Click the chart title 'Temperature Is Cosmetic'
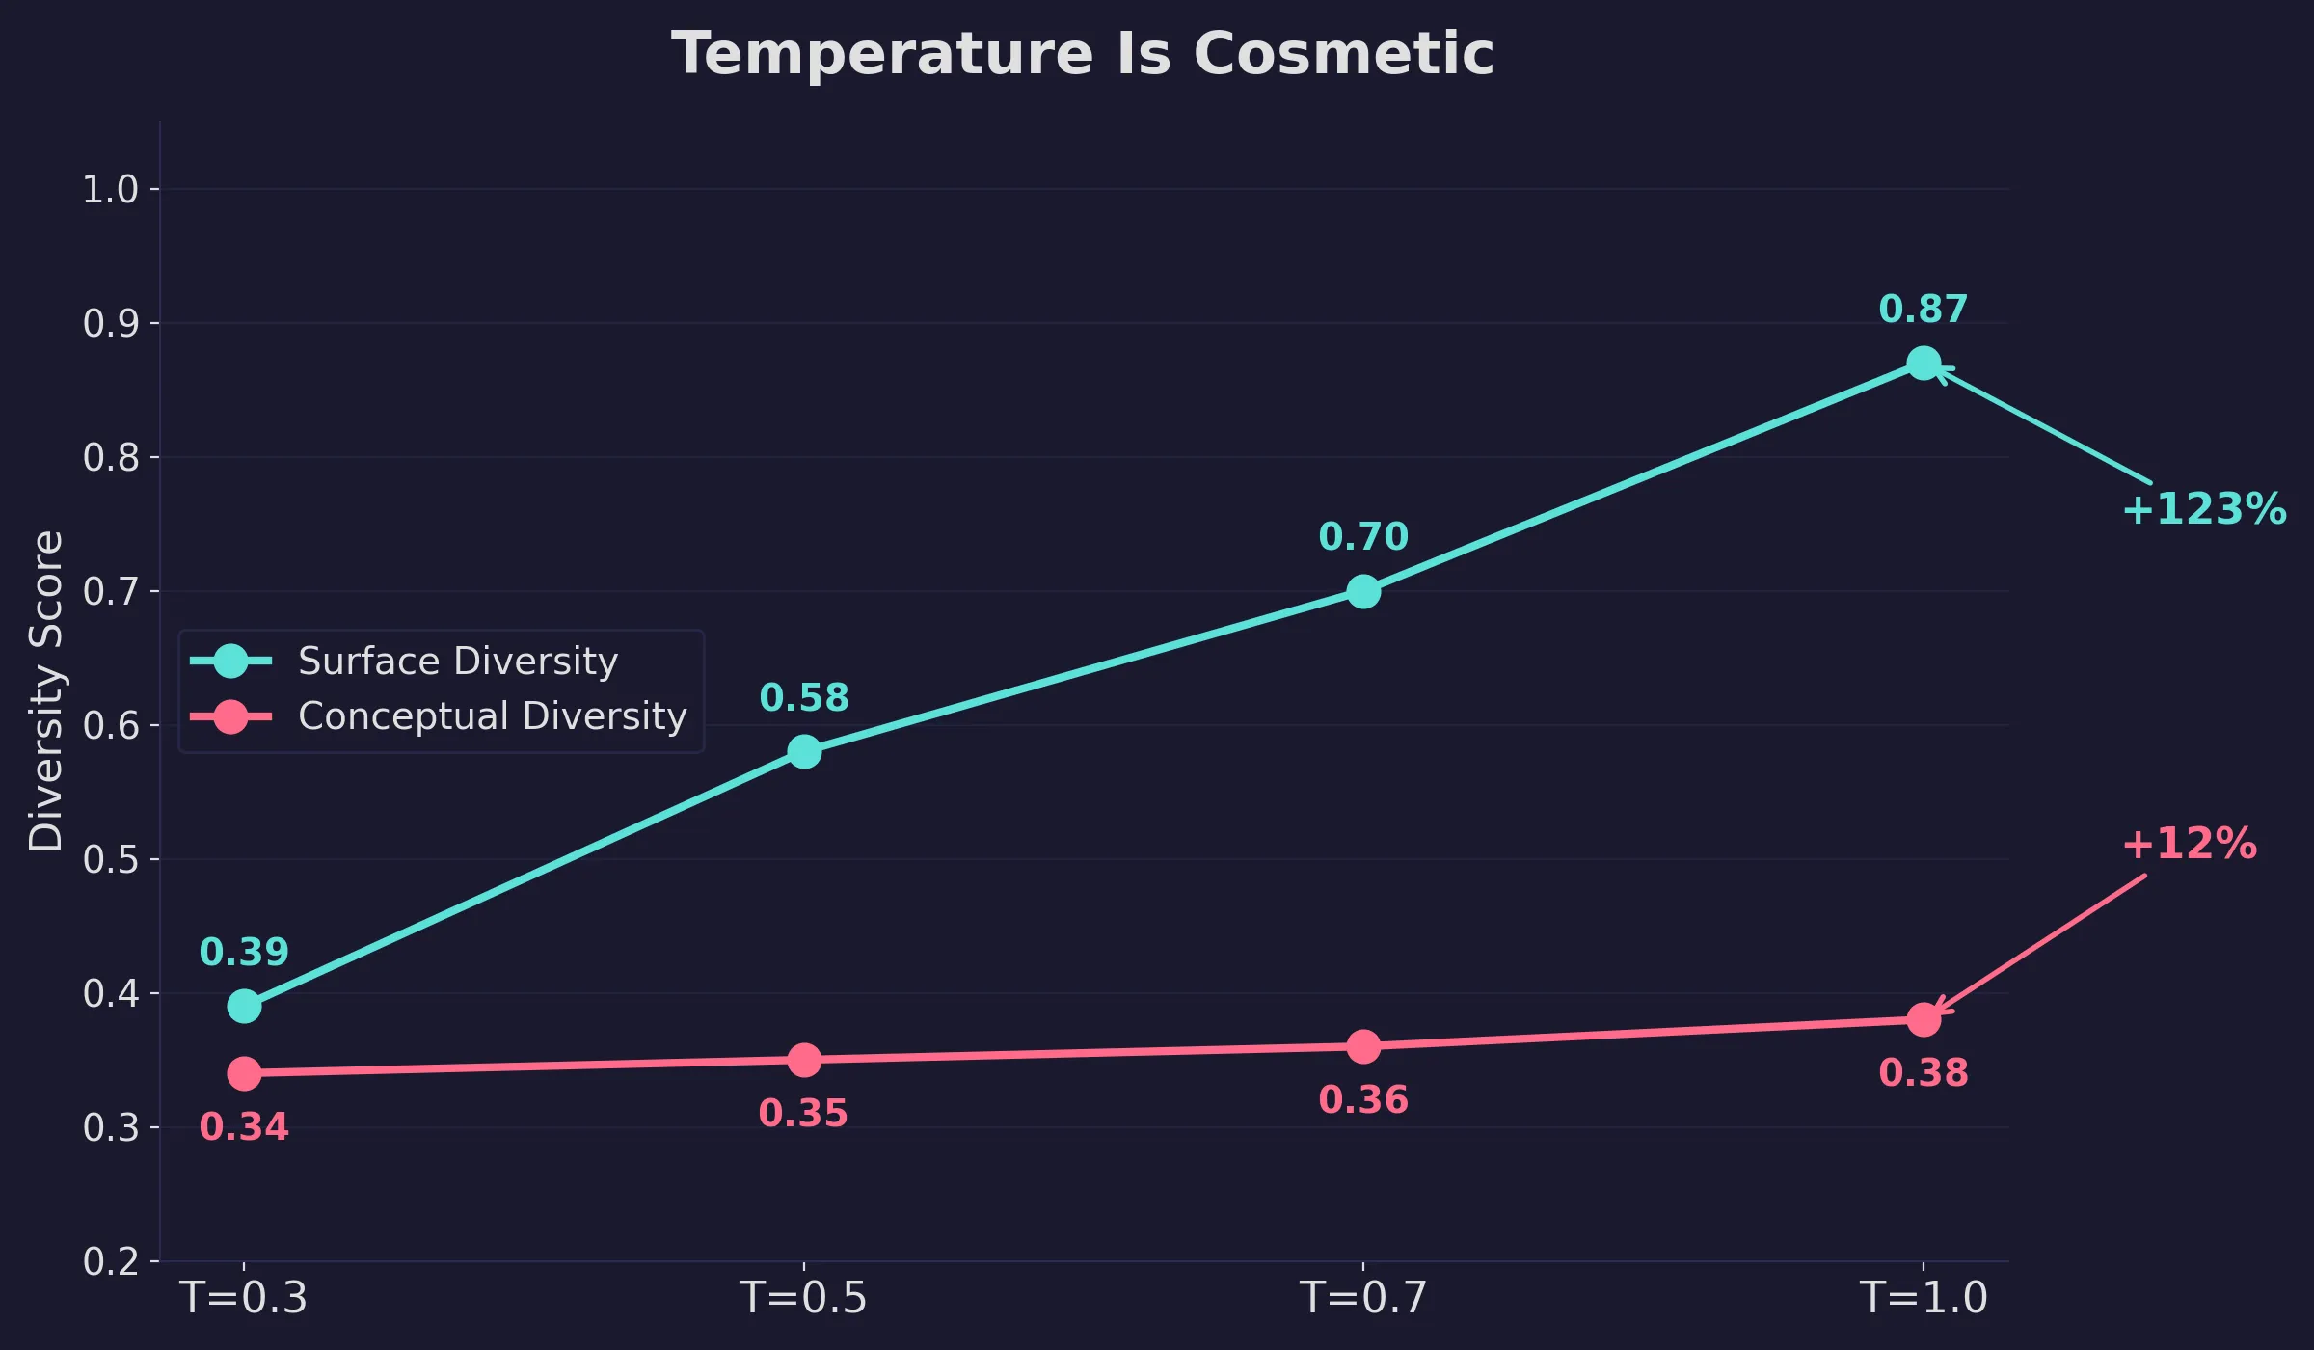coord(1082,54)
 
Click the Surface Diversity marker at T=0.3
coord(244,1006)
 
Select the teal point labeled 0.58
coord(804,751)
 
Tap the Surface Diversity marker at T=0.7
coord(1363,591)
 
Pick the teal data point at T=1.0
coord(1924,364)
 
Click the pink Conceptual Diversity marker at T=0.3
coord(244,1073)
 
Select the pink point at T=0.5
coord(804,1060)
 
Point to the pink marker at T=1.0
coord(1924,1019)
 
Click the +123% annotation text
coord(2204,509)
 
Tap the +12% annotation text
coord(2189,844)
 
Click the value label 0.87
coord(1923,310)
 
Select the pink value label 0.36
coord(1363,1100)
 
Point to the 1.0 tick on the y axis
coord(110,189)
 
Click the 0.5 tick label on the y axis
coord(110,859)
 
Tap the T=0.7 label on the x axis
coord(1363,1298)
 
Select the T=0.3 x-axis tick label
coord(244,1298)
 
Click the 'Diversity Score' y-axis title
coord(45,690)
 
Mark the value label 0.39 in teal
coord(244,953)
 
